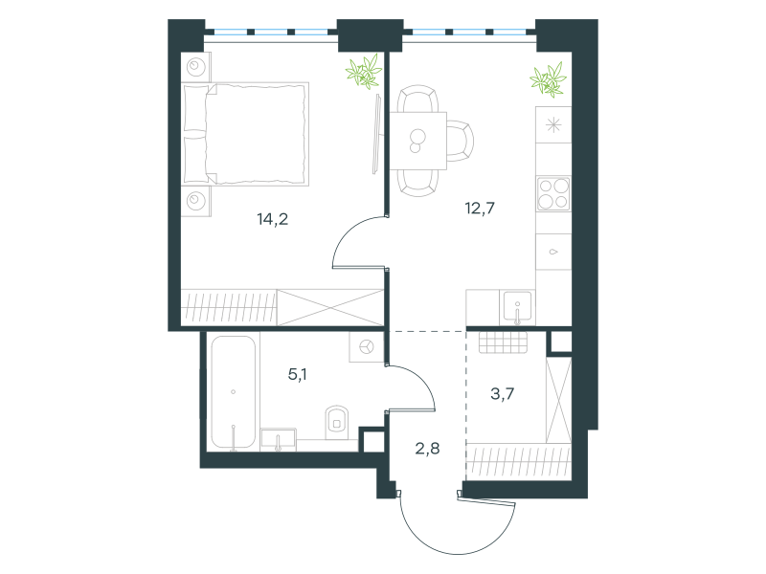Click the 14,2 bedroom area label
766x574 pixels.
point(273,219)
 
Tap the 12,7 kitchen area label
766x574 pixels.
point(480,209)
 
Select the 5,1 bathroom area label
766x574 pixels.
point(297,374)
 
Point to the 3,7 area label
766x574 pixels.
point(502,393)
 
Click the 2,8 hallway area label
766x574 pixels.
point(427,448)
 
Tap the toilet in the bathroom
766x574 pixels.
point(337,421)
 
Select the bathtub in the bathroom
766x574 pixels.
point(234,392)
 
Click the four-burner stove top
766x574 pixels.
point(553,194)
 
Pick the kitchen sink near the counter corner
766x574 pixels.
point(517,307)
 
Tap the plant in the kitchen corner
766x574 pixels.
point(548,79)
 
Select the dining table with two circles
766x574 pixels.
point(418,141)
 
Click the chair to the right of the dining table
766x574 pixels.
point(461,141)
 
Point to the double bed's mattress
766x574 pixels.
point(256,134)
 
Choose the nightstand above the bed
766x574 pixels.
point(196,67)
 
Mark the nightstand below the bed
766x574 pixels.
point(196,201)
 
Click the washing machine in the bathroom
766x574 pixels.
point(367,347)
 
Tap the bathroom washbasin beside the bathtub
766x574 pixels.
point(279,439)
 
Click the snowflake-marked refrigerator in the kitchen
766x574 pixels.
point(553,125)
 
